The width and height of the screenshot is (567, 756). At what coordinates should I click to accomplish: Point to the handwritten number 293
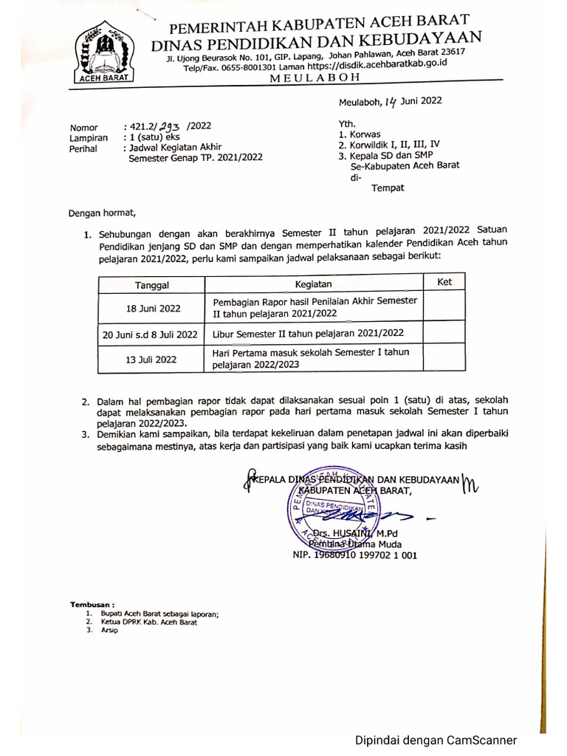coord(171,126)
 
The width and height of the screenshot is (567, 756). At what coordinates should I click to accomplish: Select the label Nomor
coord(83,128)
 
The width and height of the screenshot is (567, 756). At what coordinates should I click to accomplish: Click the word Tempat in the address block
coord(388,188)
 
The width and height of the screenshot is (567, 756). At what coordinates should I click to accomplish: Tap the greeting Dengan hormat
coord(103,214)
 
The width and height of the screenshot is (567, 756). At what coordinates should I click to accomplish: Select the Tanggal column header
coord(152,285)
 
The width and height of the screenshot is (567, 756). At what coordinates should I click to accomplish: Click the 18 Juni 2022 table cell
coord(152,308)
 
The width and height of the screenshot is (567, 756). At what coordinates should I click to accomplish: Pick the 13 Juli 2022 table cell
coord(152,360)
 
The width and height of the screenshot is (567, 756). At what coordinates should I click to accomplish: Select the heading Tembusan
coord(93,604)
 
